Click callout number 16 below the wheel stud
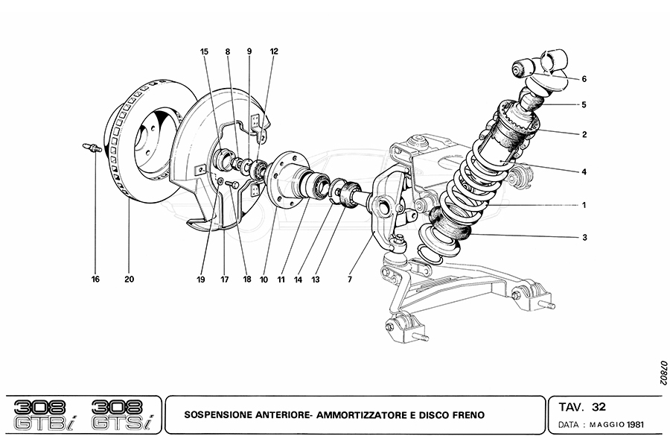[95, 280]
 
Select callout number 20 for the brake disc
[129, 280]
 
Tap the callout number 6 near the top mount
[584, 78]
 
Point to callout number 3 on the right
[584, 238]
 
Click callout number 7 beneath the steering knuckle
[349, 280]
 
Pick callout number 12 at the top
[274, 51]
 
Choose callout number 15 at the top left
[204, 51]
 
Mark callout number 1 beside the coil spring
[584, 204]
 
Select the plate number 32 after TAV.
[599, 407]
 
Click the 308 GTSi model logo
[120, 414]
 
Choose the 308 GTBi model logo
[44, 414]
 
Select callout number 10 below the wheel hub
[264, 280]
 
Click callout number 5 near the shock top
[584, 105]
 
